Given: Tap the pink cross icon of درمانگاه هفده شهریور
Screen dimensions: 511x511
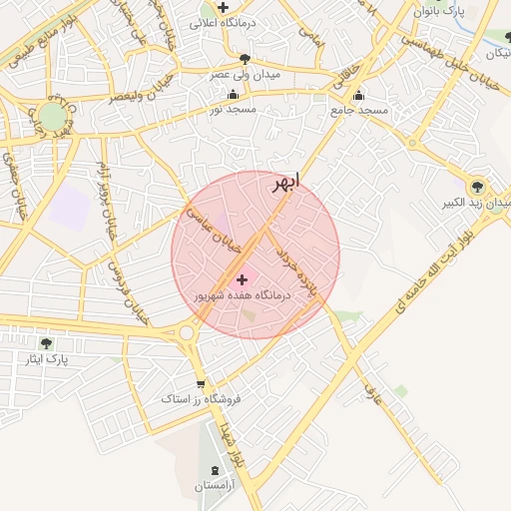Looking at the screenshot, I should (243, 280).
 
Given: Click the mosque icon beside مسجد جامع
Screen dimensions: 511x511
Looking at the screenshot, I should (358, 97).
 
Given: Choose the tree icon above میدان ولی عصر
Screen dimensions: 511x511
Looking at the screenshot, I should (245, 60).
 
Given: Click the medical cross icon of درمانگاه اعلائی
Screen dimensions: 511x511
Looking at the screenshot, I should (224, 8).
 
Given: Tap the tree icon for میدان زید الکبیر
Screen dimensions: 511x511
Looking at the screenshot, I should (476, 186).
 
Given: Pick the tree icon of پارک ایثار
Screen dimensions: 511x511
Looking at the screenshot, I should (46, 343).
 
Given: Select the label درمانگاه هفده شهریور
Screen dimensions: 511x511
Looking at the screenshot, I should (242, 296).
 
